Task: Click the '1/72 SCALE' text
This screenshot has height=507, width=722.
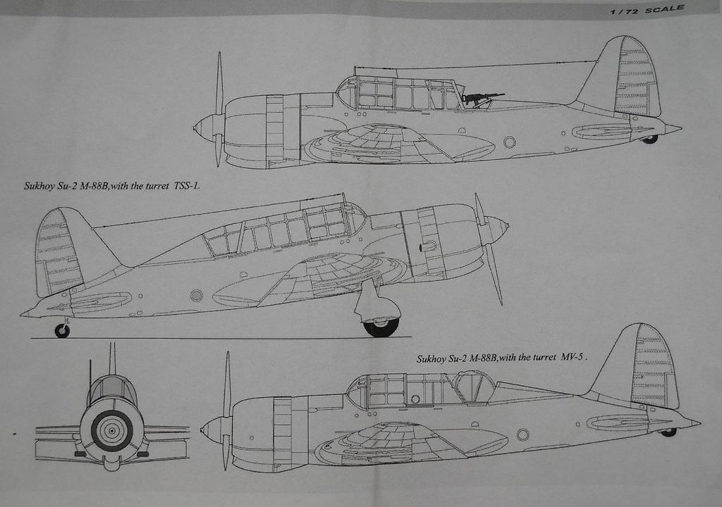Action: coord(647,9)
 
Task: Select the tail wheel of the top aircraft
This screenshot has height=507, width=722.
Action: coord(649,139)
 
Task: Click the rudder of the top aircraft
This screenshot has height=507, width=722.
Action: coord(636,77)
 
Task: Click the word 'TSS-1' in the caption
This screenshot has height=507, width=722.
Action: coord(186,187)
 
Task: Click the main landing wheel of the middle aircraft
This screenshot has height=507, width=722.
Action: coord(381,325)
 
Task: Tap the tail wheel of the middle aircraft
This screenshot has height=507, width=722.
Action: coord(62,330)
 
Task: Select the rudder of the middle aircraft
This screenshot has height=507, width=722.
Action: coord(56,252)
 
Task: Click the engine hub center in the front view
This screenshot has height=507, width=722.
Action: coord(111,430)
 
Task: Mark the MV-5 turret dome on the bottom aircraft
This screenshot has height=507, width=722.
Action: coord(473,387)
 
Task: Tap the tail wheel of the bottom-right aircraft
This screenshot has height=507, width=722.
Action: coord(667,432)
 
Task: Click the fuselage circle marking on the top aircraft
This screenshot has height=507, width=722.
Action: coord(509,142)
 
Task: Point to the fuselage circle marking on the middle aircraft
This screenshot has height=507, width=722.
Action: coord(197,295)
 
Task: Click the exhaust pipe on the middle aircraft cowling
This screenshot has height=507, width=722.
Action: coord(427,246)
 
